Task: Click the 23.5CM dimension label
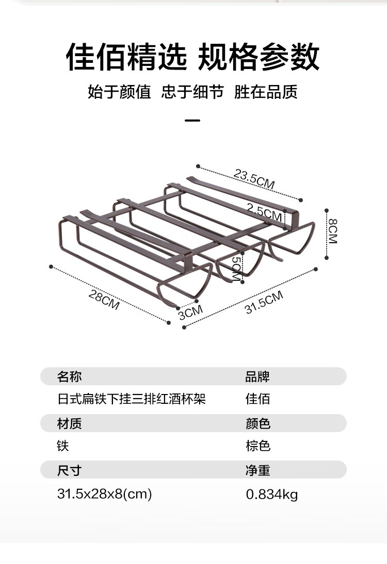click(254, 179)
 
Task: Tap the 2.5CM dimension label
click(264, 211)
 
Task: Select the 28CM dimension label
click(104, 300)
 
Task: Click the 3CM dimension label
click(190, 312)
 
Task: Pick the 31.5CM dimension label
click(264, 302)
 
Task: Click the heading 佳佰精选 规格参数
click(193, 57)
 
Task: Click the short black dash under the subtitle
click(192, 121)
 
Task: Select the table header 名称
click(69, 377)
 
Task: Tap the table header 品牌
click(257, 377)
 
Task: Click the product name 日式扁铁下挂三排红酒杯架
click(131, 399)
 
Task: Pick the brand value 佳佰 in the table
click(257, 399)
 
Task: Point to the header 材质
click(69, 423)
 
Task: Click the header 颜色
click(257, 423)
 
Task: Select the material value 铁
click(63, 446)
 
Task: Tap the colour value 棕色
click(257, 446)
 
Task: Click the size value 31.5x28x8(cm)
click(104, 494)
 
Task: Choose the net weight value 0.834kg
click(271, 494)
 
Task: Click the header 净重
click(257, 470)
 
